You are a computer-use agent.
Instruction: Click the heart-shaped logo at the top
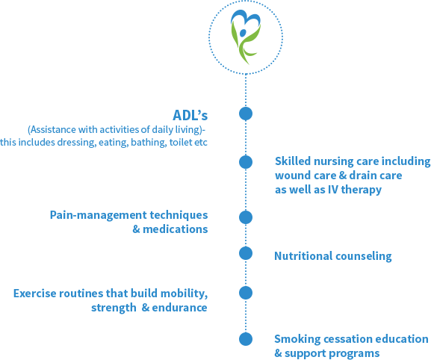point(246,37)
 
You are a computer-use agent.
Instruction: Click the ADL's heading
point(190,115)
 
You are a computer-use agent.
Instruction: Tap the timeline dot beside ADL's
point(246,114)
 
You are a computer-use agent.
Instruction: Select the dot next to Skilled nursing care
point(246,162)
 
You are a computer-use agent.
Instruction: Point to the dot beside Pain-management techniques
point(246,217)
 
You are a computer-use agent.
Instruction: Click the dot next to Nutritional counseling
point(246,253)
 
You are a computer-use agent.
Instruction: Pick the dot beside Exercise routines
point(246,293)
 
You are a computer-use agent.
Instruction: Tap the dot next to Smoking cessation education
point(246,339)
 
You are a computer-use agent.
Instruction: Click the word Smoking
point(297,339)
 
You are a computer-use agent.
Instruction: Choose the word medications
point(176,229)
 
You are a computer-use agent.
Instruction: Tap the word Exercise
point(34,294)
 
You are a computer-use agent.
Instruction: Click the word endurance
point(179,308)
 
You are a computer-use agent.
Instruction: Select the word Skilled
point(293,161)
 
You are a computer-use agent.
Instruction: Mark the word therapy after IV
point(362,190)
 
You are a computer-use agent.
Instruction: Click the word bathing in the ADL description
point(149,143)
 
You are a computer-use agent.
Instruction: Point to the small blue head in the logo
point(243,33)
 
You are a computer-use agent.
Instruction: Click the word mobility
point(184,294)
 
